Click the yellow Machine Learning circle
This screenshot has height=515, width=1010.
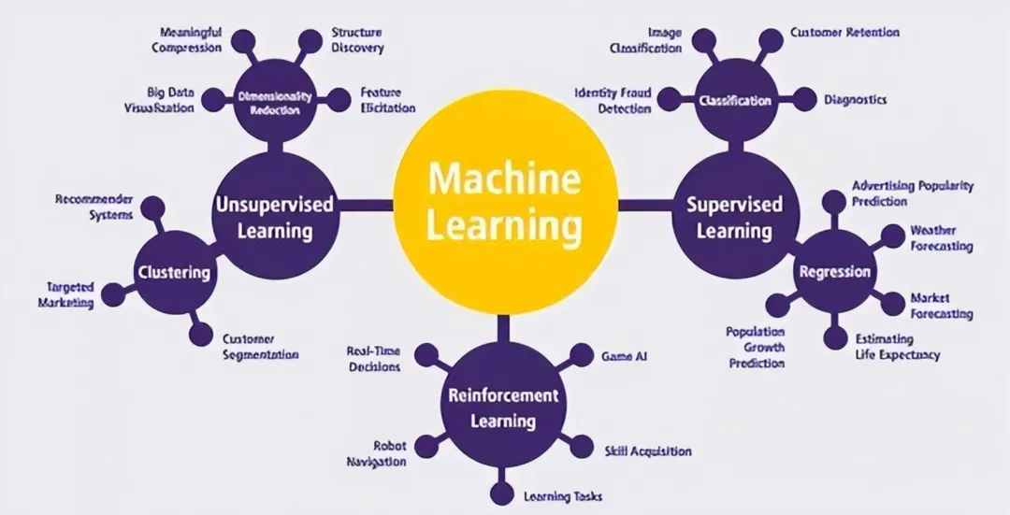point(505,202)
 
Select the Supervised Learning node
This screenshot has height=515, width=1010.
point(735,216)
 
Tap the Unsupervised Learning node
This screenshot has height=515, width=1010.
point(274,216)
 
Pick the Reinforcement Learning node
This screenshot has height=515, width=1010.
point(503,407)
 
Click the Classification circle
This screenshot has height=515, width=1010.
point(735,101)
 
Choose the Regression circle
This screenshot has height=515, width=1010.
point(835,272)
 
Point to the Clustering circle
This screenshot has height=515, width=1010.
point(174,272)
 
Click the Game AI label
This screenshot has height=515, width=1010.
point(624,356)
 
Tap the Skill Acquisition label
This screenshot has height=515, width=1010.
point(647,451)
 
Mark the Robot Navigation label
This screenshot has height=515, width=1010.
point(377,454)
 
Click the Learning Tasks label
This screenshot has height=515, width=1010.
point(562,496)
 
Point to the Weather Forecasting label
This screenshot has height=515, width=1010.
point(941,238)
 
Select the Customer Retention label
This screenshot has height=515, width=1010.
point(844,33)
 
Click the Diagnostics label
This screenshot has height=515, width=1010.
point(855,99)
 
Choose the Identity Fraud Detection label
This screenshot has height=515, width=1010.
point(613,101)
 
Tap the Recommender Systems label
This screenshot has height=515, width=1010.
point(94,207)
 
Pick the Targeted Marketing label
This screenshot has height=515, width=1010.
point(65,295)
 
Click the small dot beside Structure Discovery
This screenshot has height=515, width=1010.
point(310,40)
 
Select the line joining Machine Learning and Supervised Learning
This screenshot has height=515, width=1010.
point(645,204)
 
